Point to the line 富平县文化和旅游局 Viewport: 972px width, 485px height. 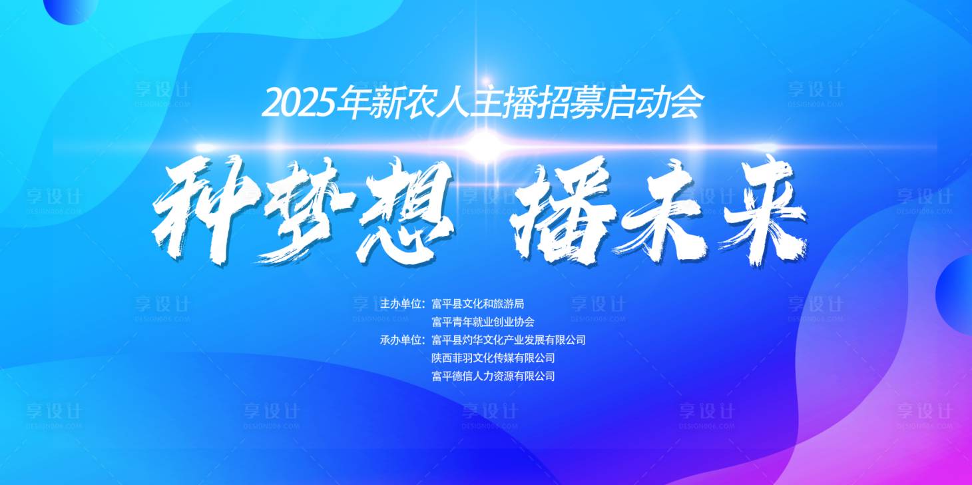[478, 304]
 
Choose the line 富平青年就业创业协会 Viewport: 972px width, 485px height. [483, 322]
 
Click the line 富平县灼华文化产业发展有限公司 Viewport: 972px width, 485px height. [509, 340]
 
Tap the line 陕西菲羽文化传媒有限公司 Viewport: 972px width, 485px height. [493, 358]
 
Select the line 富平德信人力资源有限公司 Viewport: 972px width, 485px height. [493, 376]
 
